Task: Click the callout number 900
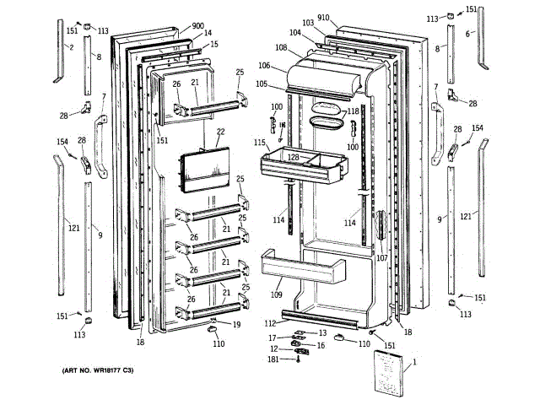[197, 26]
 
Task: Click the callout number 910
[324, 18]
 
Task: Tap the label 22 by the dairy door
[220, 132]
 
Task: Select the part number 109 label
[276, 295]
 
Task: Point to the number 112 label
[269, 324]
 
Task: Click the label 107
[381, 257]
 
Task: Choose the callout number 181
[273, 360]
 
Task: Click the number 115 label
[260, 143]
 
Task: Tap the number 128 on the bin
[293, 157]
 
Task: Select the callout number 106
[264, 66]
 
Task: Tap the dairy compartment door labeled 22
[203, 168]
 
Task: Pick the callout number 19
[237, 324]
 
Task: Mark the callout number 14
[208, 34]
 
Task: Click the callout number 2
[72, 48]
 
